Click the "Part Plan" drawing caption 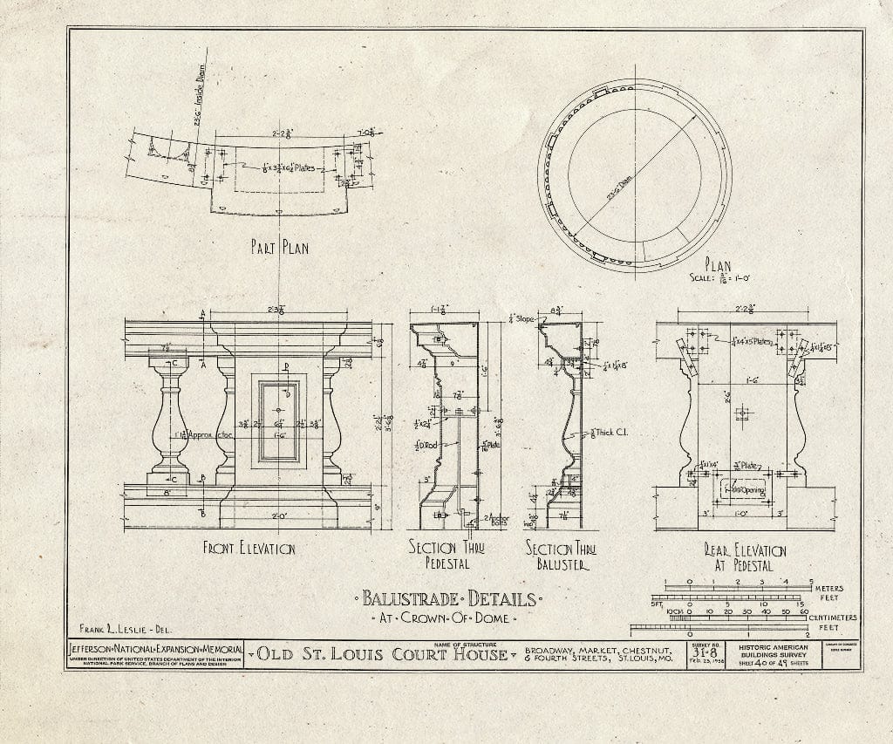coord(278,248)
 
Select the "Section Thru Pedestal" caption coord(446,556)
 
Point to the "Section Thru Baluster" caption coord(560,556)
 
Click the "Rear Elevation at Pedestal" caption coord(745,556)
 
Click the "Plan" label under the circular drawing coord(718,266)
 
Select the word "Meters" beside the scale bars coord(835,588)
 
